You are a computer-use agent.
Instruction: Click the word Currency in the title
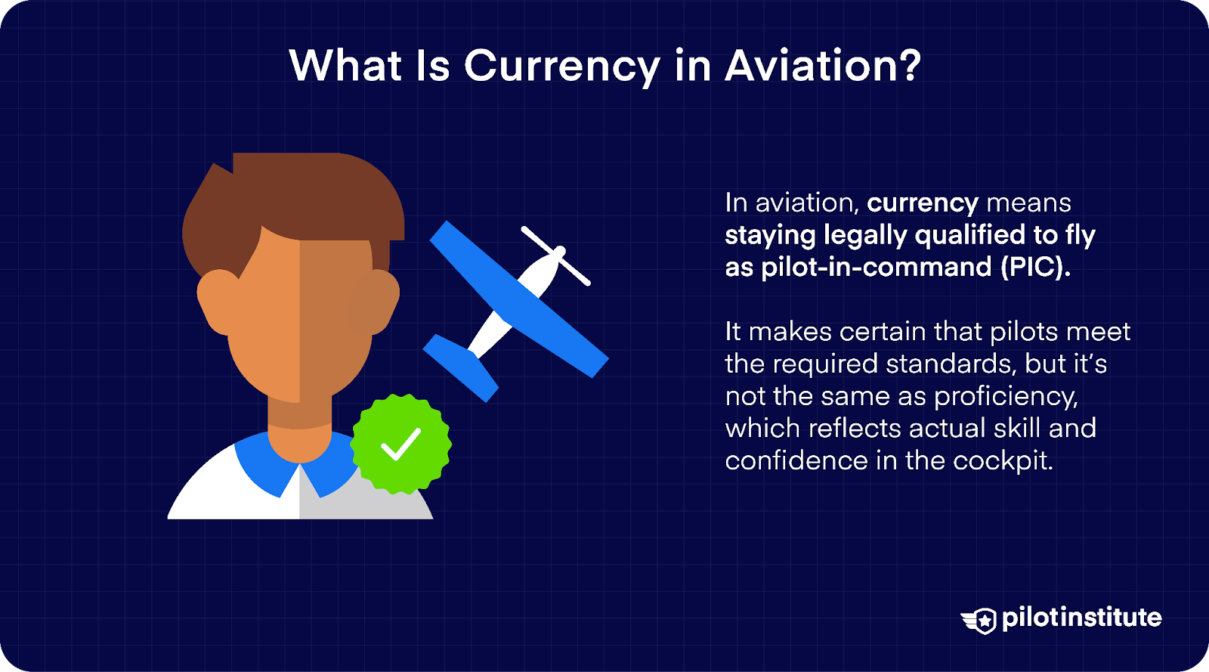tap(561, 67)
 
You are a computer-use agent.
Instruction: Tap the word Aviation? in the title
tap(823, 67)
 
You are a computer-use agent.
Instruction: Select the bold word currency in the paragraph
tap(922, 203)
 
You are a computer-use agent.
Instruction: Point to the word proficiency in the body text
tap(1006, 397)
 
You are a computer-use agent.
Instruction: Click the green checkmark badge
tap(401, 444)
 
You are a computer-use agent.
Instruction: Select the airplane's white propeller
tap(556, 255)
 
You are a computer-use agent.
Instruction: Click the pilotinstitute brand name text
tap(1081, 618)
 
